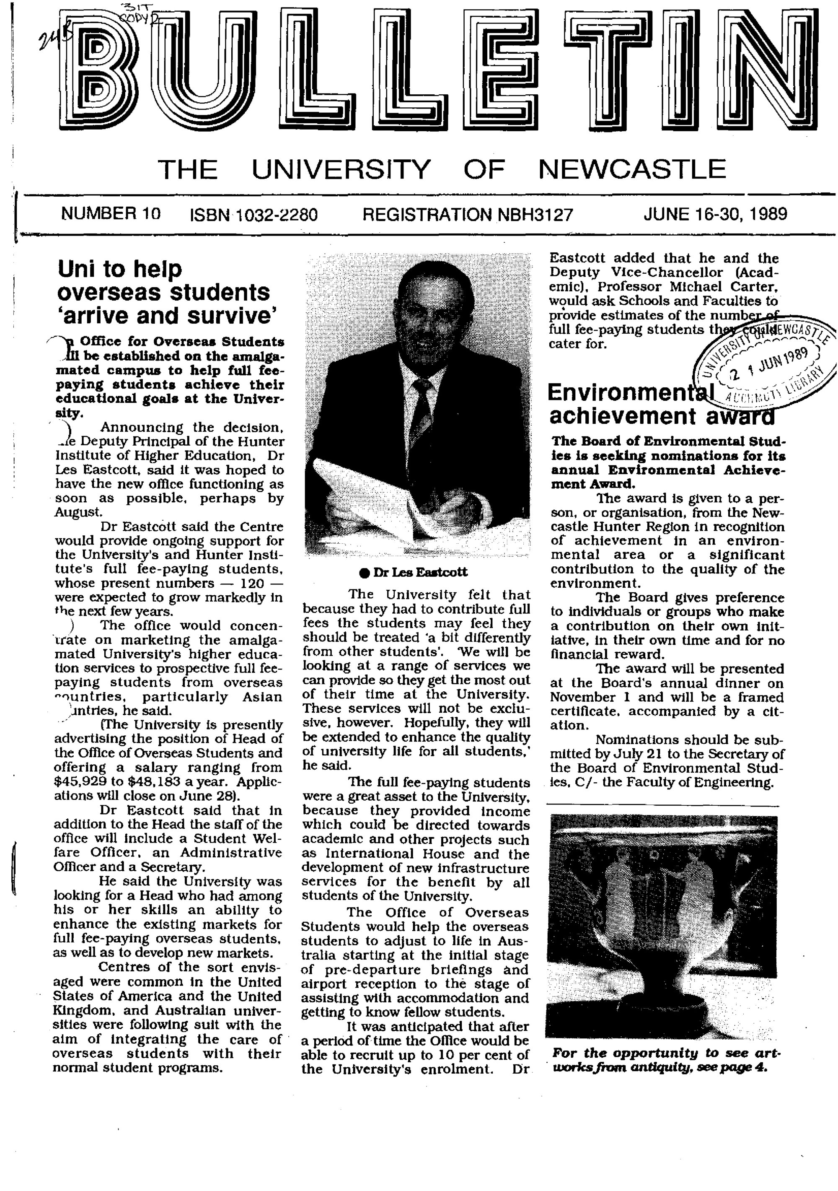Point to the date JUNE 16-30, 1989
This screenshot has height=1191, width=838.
[x=715, y=214]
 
